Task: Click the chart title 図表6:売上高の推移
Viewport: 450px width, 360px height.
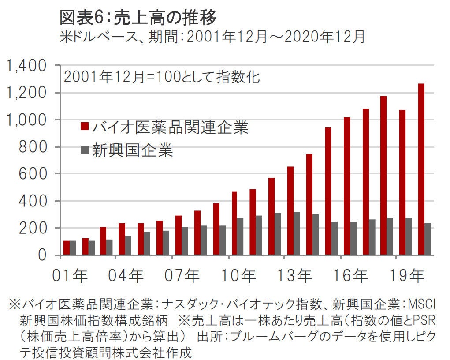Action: [138, 18]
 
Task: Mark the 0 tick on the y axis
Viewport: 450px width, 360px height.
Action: [42, 255]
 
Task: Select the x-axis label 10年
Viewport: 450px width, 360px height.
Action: [239, 277]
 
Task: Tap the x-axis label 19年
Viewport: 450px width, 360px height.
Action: [408, 277]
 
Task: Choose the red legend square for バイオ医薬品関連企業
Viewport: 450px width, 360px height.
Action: [84, 127]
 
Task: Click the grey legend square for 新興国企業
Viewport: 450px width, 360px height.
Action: [84, 150]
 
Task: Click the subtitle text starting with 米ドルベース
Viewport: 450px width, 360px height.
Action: [212, 37]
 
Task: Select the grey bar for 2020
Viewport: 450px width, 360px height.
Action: [428, 239]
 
